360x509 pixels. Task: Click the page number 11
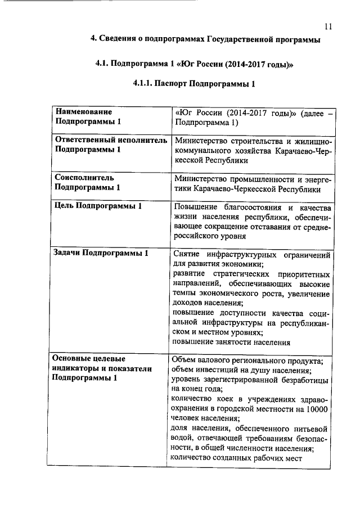click(x=328, y=26)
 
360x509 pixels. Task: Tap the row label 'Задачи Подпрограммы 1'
click(x=100, y=253)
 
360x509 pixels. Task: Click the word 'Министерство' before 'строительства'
click(x=200, y=141)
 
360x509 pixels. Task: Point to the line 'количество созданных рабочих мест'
click(x=236, y=458)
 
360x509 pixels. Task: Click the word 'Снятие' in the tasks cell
click(x=188, y=255)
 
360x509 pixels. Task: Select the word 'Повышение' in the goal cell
click(x=196, y=206)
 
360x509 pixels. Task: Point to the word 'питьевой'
click(x=312, y=429)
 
